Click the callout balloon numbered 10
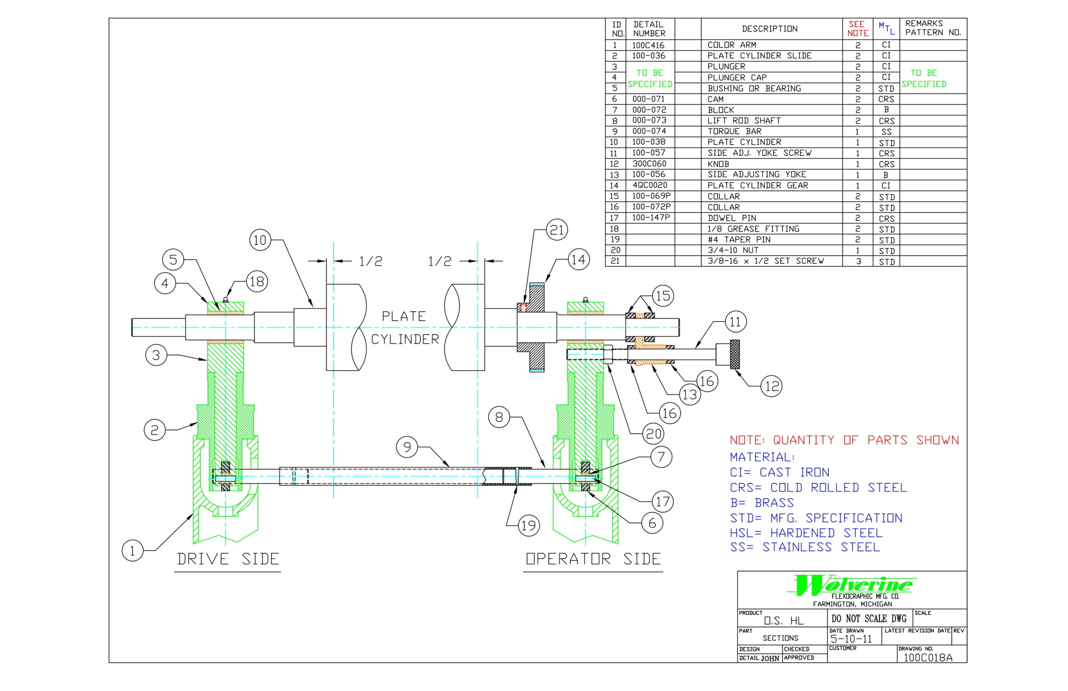pyautogui.click(x=260, y=240)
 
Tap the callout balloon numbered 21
pyautogui.click(x=557, y=230)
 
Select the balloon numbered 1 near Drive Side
pyautogui.click(x=132, y=550)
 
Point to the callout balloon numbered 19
pyautogui.click(x=529, y=525)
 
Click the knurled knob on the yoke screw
pyautogui.click(x=734, y=355)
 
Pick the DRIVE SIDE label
pyautogui.click(x=228, y=559)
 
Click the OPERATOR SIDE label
pyautogui.click(x=593, y=559)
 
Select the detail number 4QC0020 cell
pyautogui.click(x=650, y=185)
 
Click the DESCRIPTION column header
pyautogui.click(x=770, y=29)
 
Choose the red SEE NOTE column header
pyautogui.click(x=857, y=29)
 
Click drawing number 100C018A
pyautogui.click(x=927, y=658)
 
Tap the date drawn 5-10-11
pyautogui.click(x=851, y=639)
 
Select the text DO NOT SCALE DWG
pyautogui.click(x=869, y=619)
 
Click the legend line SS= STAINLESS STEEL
pyautogui.click(x=805, y=547)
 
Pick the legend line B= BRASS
pyautogui.click(x=762, y=502)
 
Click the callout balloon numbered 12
pyautogui.click(x=771, y=386)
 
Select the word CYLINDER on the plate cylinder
pyautogui.click(x=405, y=340)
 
